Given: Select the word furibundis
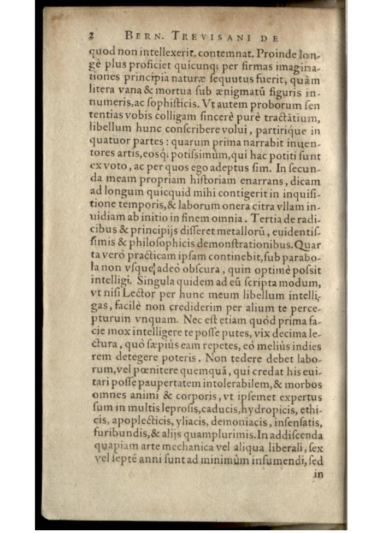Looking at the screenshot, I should pyautogui.click(x=113, y=436).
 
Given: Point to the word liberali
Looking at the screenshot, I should pyautogui.click(x=283, y=448).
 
